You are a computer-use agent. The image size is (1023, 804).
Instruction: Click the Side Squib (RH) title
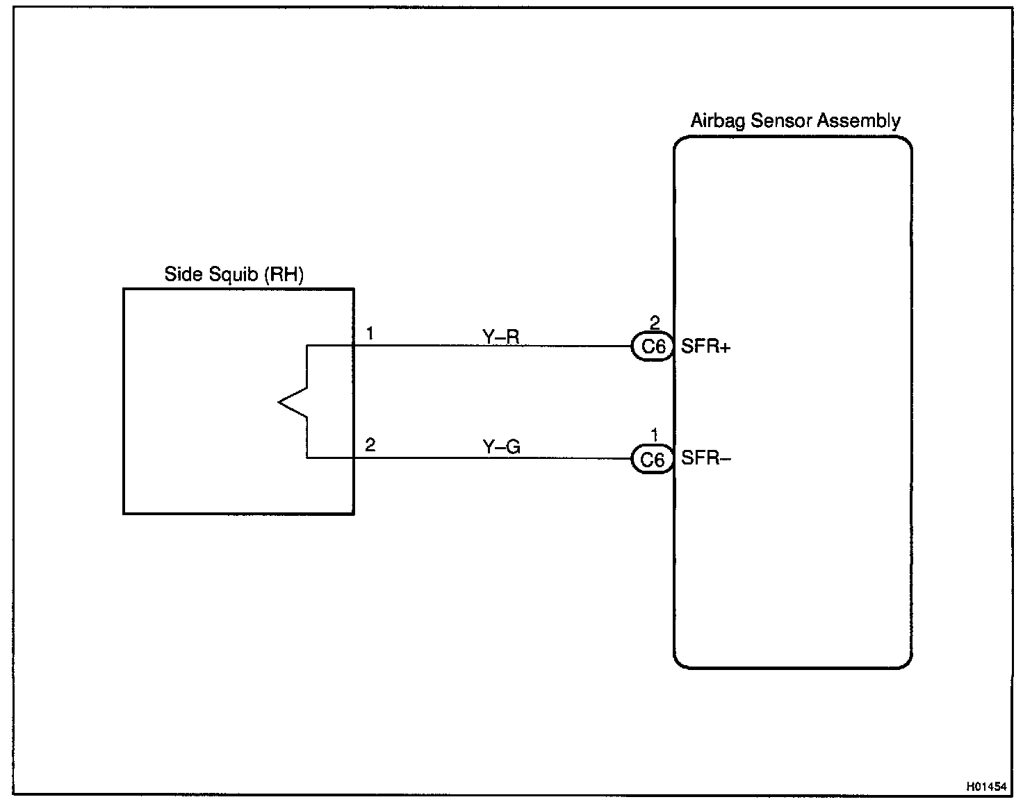tap(234, 274)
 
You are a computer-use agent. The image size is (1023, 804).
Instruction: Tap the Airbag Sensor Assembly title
tap(795, 121)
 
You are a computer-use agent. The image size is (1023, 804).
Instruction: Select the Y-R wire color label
tap(500, 337)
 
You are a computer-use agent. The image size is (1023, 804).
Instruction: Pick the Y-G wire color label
tap(501, 447)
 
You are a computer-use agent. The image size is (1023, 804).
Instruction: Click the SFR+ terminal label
tap(705, 346)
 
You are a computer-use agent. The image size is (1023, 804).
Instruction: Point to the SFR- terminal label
tap(705, 458)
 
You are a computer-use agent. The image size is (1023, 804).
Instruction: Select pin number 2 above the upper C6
tap(654, 323)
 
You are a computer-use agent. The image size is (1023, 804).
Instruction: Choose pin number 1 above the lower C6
tap(654, 435)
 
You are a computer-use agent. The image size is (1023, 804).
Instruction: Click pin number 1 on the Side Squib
tap(370, 334)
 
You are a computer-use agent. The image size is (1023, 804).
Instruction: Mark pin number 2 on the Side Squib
tap(370, 445)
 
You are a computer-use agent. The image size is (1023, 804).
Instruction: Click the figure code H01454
tap(985, 787)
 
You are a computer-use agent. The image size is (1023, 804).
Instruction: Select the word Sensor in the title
tap(782, 121)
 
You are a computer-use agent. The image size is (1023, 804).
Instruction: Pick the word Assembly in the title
tap(859, 122)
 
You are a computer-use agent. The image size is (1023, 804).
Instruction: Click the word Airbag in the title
tap(717, 122)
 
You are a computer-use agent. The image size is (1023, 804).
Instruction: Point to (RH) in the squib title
tap(284, 274)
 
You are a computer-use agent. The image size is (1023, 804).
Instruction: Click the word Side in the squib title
tap(182, 274)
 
